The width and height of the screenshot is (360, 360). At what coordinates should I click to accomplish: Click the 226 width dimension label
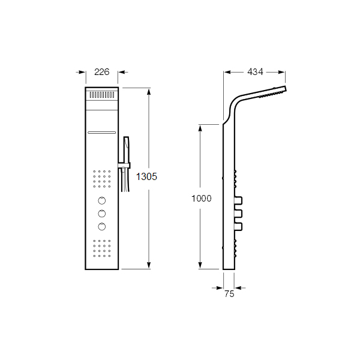[101, 73]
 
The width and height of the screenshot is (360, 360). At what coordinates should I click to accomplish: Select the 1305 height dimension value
[146, 176]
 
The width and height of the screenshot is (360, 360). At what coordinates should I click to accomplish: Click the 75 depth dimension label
[229, 294]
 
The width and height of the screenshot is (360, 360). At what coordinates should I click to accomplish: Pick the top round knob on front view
[101, 200]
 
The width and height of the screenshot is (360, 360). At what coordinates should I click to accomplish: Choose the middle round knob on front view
[101, 213]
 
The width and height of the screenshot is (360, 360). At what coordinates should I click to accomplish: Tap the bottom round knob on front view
[101, 226]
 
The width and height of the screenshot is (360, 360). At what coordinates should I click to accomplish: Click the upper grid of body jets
[101, 178]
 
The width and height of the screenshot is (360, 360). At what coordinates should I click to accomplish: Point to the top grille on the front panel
[101, 95]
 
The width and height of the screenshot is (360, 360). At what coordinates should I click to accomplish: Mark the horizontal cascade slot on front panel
[101, 131]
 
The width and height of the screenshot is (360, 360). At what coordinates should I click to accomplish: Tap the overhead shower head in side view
[274, 92]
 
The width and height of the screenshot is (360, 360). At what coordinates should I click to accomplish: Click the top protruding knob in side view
[238, 200]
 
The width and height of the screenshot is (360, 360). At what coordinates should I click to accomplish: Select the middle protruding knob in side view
[238, 213]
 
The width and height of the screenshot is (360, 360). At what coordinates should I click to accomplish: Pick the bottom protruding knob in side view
[238, 226]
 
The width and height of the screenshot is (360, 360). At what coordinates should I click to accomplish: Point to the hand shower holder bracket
[122, 166]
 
